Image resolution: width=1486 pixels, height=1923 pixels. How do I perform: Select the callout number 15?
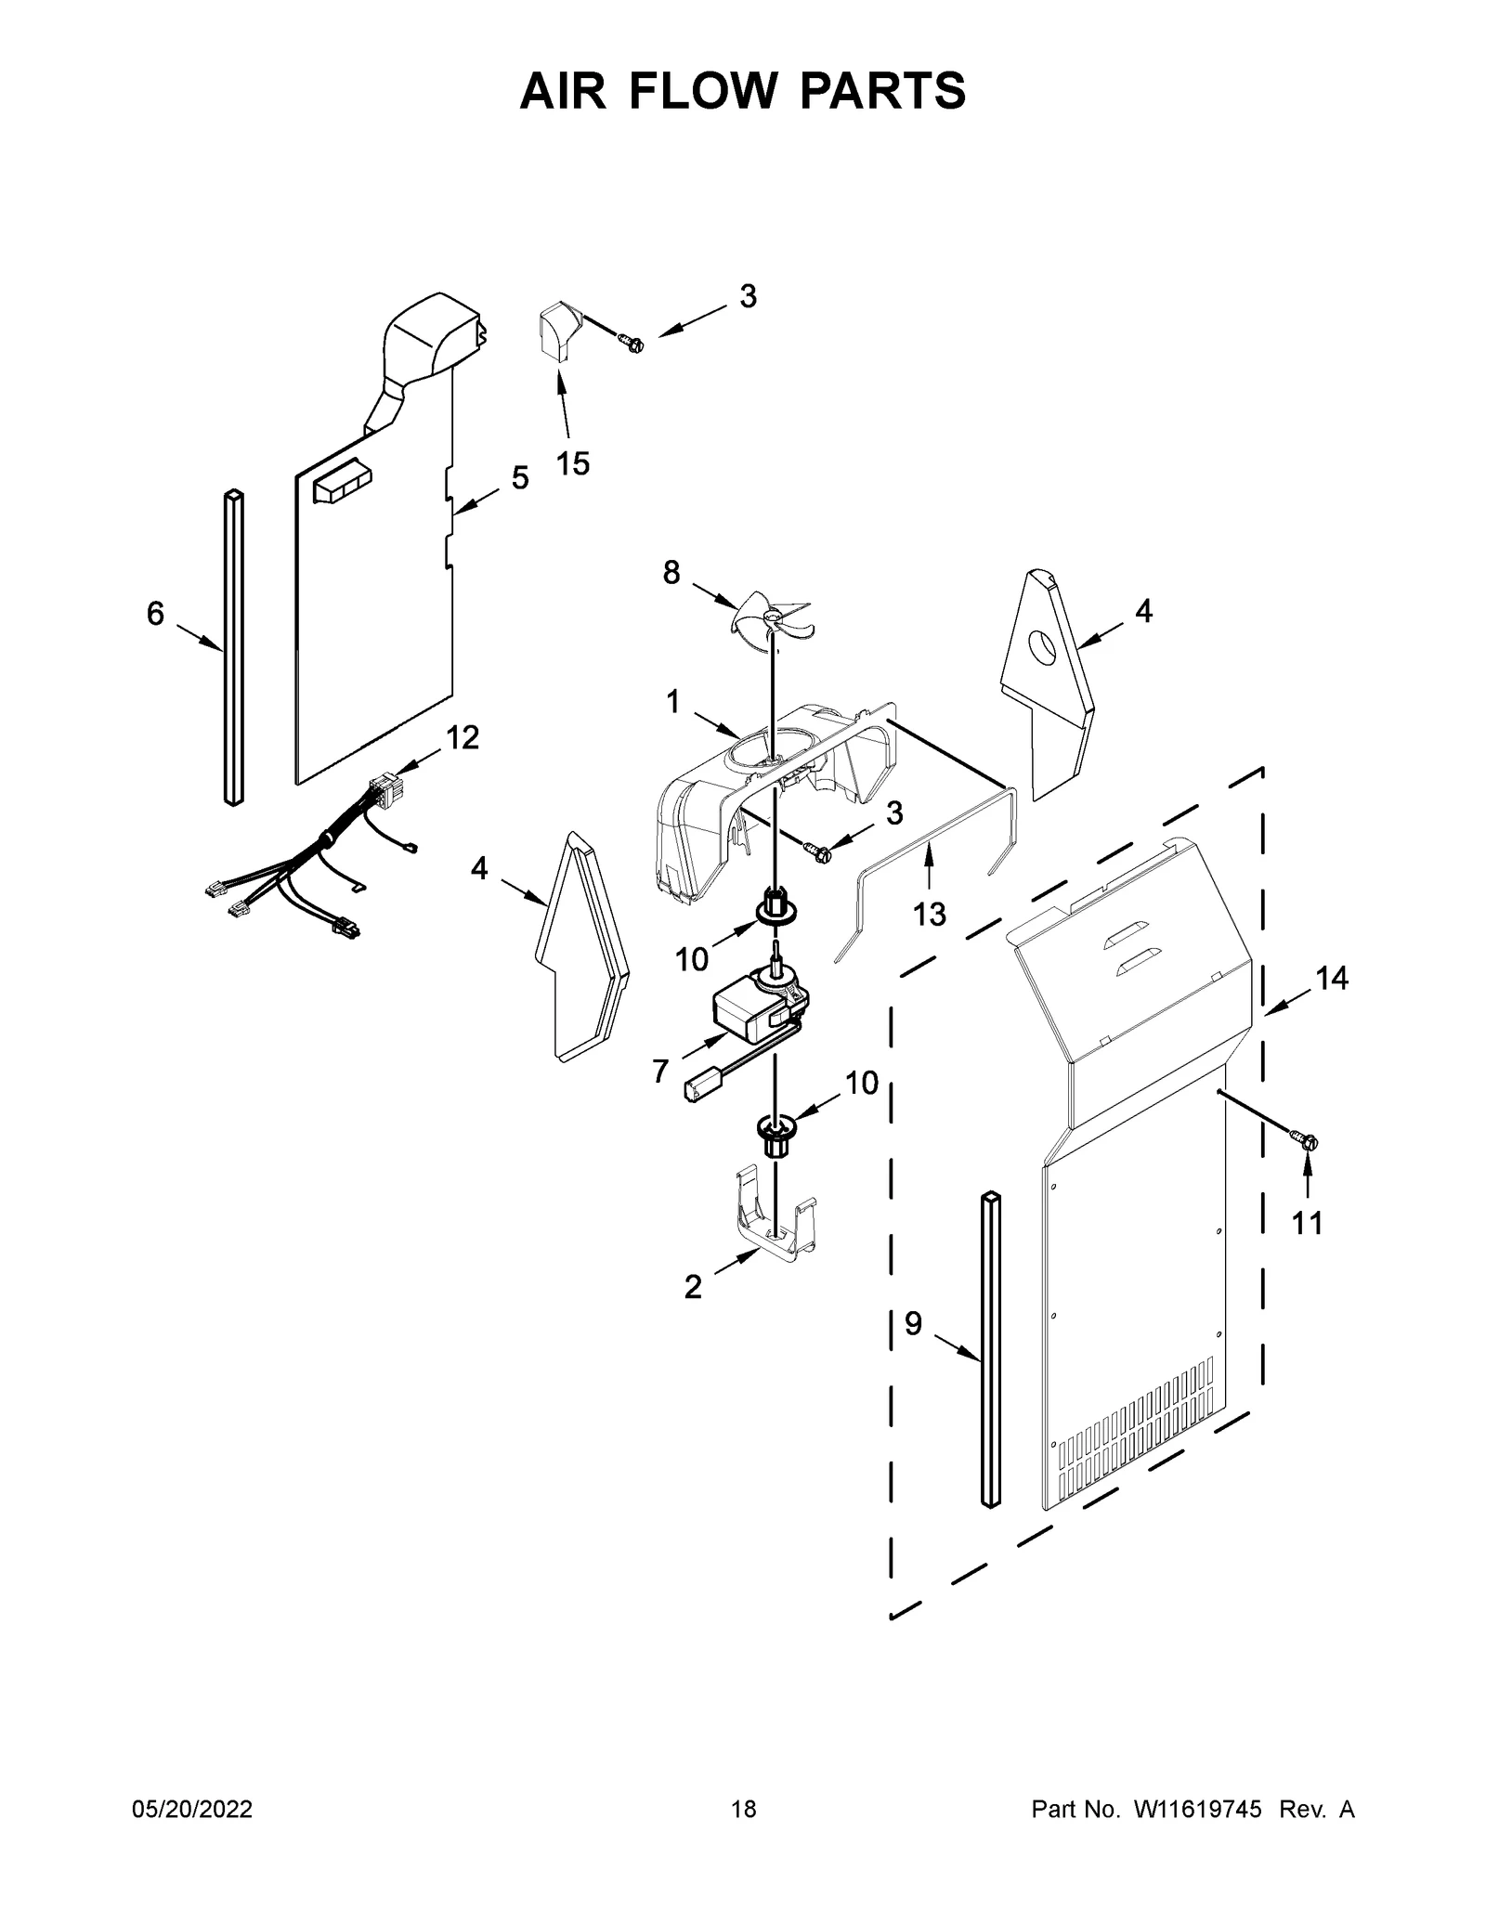(x=573, y=462)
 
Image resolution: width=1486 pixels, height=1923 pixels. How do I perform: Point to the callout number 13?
(x=929, y=914)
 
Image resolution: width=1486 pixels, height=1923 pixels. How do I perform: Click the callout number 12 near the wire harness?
(x=463, y=738)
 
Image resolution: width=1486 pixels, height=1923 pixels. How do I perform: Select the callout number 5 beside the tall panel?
(x=520, y=478)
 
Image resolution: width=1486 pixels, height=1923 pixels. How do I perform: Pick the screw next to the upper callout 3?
(x=635, y=345)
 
